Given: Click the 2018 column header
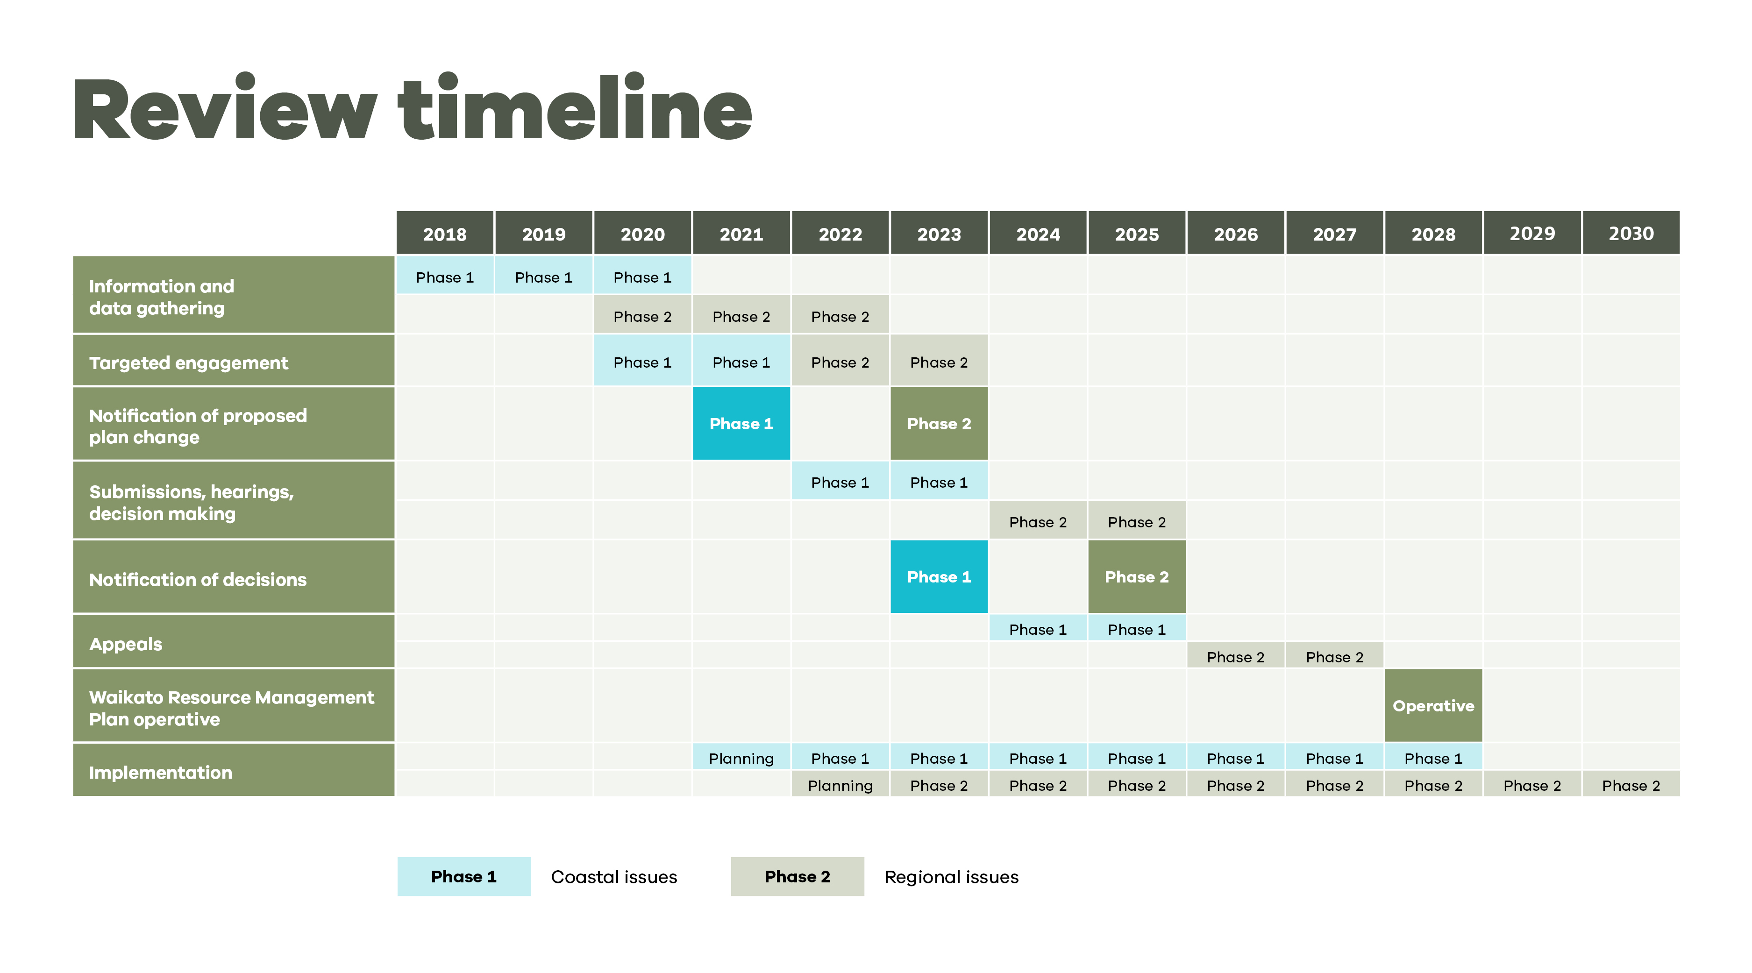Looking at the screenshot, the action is point(445,233).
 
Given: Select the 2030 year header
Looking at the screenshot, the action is point(1631,233).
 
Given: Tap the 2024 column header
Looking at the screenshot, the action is point(1038,233).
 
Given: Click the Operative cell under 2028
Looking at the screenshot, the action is point(1433,705).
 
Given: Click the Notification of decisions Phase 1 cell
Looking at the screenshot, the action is point(939,576).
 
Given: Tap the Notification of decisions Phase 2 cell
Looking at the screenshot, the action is point(1137,576).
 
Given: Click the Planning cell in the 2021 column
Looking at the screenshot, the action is point(741,758).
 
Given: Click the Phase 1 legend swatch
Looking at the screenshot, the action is point(464,876).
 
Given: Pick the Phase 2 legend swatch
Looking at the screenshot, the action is point(797,876).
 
